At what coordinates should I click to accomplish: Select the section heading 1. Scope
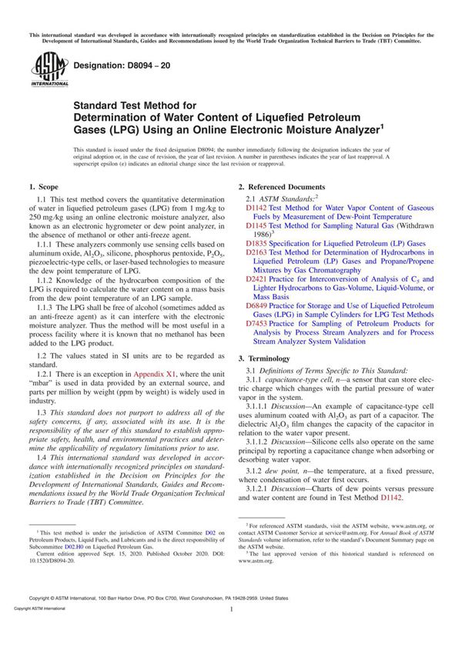(42, 187)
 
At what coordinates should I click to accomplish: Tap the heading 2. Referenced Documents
(281, 187)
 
